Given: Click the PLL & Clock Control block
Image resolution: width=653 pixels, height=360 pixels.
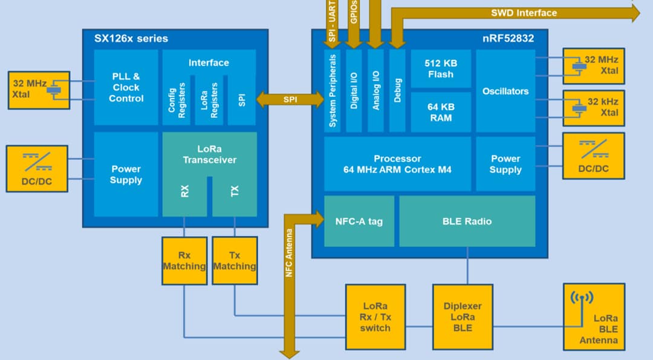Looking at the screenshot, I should (x=126, y=87).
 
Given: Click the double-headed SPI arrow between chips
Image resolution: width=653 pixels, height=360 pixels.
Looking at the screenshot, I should (x=290, y=100).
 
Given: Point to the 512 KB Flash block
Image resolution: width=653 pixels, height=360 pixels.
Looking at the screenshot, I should (x=440, y=69).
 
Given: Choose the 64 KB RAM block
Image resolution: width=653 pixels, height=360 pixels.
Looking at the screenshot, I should (x=440, y=112).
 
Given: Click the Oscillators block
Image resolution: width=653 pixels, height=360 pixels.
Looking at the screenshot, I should (x=505, y=91).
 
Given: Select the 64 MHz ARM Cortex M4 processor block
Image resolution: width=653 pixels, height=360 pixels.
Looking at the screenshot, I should (x=397, y=164).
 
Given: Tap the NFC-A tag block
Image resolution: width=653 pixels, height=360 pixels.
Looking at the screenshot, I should (x=359, y=221).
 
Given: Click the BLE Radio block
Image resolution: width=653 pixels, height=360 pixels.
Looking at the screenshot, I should (x=467, y=221).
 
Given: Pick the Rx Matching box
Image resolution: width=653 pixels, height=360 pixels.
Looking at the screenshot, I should (x=184, y=261).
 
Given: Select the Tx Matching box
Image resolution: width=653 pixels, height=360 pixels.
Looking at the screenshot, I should (x=235, y=261).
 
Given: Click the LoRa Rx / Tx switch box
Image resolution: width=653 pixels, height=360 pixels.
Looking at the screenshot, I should (x=375, y=317).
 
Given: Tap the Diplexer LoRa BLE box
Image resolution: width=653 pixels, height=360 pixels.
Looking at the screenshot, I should (x=462, y=317).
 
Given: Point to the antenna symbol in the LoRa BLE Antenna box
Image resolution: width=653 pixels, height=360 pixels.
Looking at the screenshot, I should (x=582, y=298).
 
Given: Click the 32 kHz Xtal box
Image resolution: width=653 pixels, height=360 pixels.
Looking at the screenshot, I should (x=593, y=107).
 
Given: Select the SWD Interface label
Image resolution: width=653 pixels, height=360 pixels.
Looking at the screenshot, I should (x=524, y=13).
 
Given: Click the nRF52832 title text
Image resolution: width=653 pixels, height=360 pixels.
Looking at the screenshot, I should (x=508, y=39).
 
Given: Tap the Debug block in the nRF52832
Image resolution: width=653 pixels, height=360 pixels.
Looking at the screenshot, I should (x=397, y=91).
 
